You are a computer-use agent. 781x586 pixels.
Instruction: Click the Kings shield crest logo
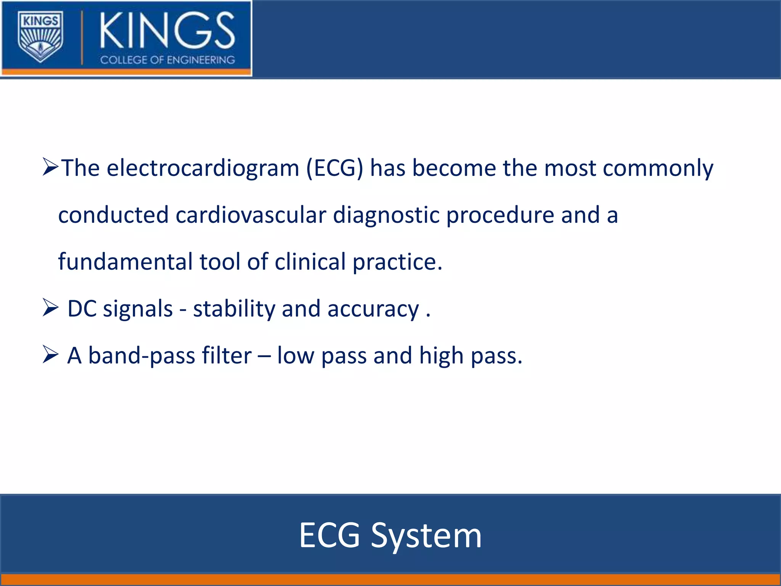tap(40, 37)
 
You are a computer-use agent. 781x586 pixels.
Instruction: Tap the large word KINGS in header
tap(167, 31)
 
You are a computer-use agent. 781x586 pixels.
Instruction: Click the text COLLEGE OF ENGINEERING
tap(167, 60)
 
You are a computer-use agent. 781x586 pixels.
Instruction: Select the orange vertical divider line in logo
tap(82, 37)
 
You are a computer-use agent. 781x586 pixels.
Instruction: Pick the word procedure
tap(500, 215)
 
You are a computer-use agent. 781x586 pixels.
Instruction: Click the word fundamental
tap(125, 262)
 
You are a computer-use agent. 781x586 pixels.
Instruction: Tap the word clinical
tap(310, 262)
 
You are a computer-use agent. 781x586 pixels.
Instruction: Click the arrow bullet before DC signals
tap(50, 308)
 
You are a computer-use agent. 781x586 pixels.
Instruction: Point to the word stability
tap(234, 308)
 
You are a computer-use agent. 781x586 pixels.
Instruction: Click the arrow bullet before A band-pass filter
tap(50, 354)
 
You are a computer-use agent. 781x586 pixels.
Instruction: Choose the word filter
tap(226, 355)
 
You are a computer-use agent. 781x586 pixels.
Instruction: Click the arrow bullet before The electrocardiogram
tap(50, 167)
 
